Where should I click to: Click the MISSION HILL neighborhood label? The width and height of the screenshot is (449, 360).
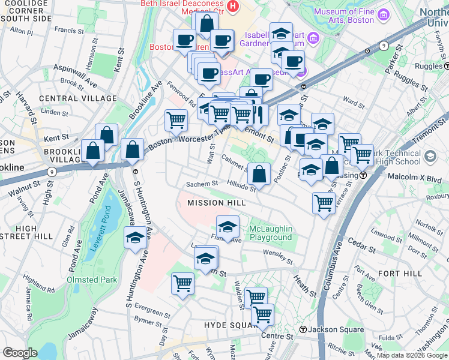(217, 203)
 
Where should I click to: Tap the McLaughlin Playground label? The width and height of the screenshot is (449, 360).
(271, 233)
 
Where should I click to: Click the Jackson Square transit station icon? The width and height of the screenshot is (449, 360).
(304, 329)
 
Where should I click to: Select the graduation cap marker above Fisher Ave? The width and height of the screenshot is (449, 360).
(228, 227)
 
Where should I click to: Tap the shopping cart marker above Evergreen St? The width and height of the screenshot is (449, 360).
(182, 283)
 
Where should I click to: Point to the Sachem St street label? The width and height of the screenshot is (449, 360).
(201, 184)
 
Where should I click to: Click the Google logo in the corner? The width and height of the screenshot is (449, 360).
(20, 353)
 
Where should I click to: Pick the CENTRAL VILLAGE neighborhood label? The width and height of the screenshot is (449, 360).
(77, 98)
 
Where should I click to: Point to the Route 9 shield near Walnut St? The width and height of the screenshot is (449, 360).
(52, 172)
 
